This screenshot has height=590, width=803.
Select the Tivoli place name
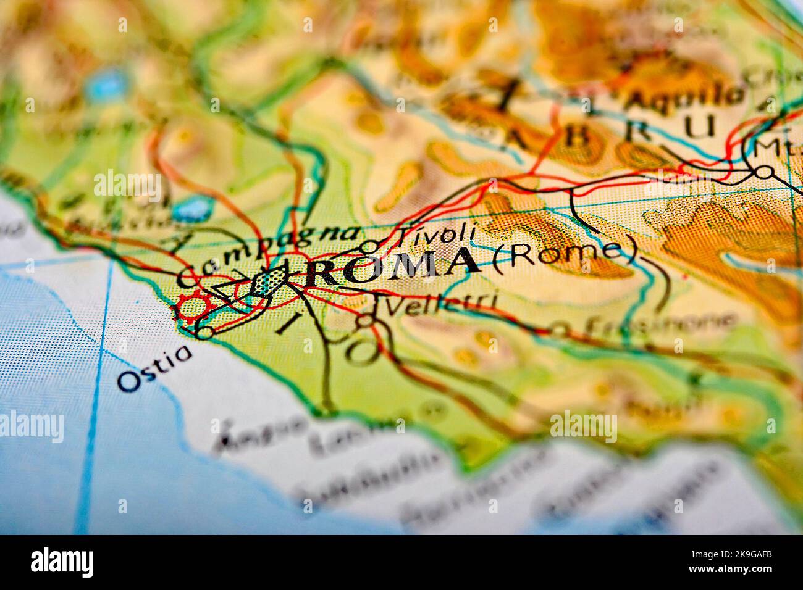(435, 235)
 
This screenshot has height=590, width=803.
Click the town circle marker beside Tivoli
(369, 246)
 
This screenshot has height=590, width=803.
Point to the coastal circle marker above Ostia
(204, 333)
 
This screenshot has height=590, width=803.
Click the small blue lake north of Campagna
(192, 210)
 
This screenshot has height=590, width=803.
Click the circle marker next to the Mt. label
(765, 171)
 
